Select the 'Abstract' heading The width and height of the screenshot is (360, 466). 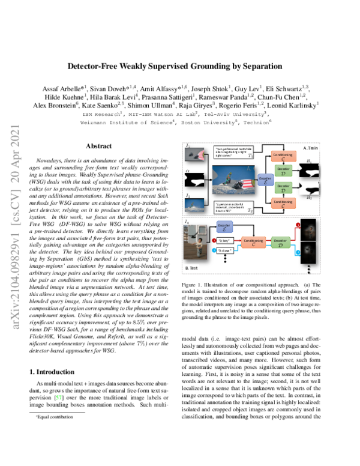(98, 146)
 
